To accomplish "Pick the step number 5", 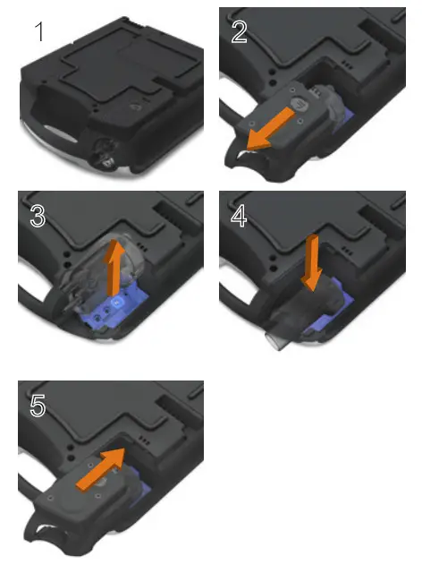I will (38, 406).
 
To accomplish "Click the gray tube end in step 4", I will (272, 342).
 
